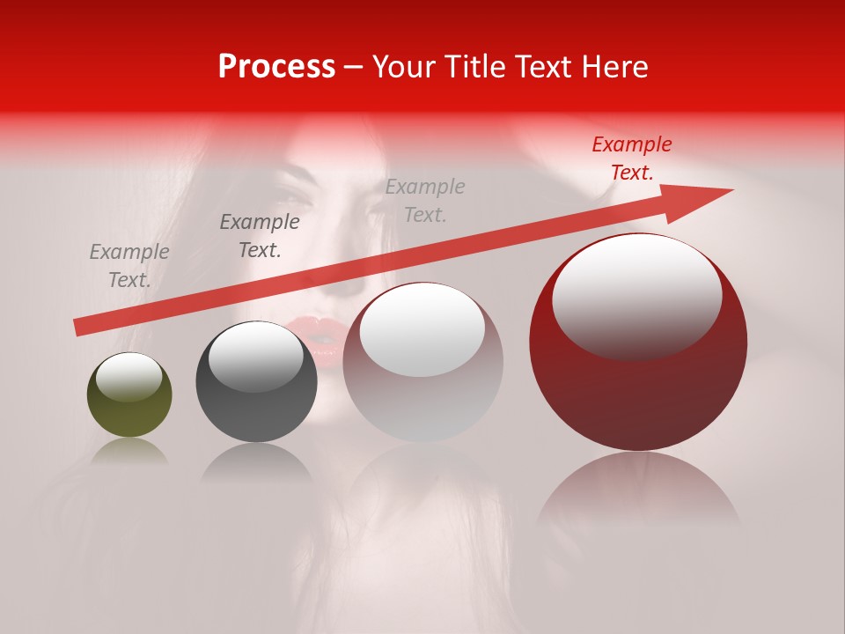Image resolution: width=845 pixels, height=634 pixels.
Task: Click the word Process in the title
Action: tap(276, 67)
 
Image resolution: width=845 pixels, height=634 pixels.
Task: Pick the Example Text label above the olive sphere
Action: tap(129, 266)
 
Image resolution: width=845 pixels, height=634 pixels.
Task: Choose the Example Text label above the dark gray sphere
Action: tap(260, 236)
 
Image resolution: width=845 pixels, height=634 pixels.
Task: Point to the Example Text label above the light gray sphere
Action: tap(425, 200)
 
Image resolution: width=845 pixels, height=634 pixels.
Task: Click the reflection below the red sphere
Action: tap(638, 493)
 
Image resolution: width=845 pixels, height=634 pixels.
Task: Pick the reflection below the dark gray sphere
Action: tap(256, 462)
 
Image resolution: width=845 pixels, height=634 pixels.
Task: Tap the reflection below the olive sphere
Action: tap(129, 452)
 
